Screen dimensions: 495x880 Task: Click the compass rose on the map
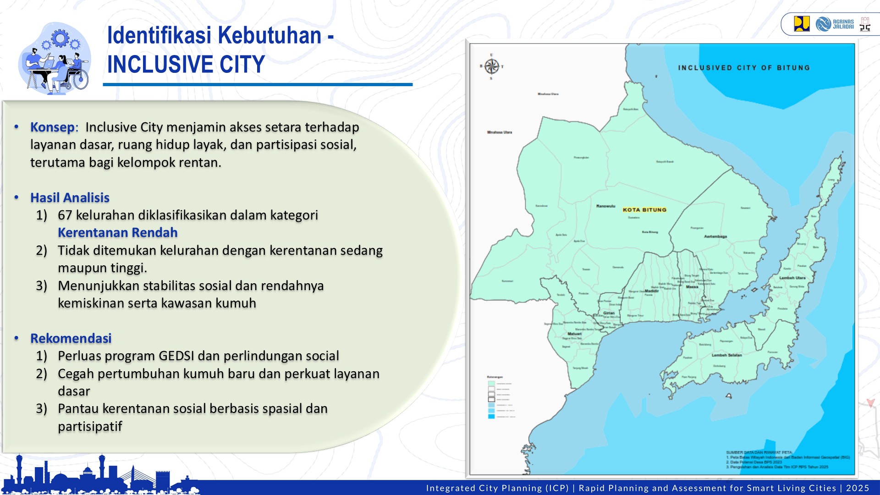click(x=491, y=66)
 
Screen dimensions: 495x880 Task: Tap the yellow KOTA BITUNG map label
click(x=644, y=210)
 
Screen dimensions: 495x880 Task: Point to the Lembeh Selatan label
click(x=726, y=355)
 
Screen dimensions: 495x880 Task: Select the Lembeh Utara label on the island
click(x=792, y=278)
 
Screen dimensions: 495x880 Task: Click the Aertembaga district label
click(x=715, y=236)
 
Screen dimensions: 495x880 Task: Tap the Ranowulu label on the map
click(x=605, y=206)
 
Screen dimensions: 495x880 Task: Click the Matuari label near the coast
click(x=574, y=334)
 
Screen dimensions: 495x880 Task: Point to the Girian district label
click(x=609, y=313)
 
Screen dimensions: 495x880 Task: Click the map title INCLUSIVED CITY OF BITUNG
click(x=743, y=68)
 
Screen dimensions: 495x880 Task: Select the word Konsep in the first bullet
click(x=53, y=127)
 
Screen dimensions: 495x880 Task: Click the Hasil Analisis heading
click(x=70, y=198)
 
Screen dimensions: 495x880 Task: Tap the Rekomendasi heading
click(x=71, y=338)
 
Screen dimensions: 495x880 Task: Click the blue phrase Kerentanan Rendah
click(x=117, y=232)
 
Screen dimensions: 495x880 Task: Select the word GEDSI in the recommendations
click(x=176, y=356)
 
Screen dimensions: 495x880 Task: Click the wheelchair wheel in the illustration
click(x=80, y=80)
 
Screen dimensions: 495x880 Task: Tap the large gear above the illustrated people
click(x=60, y=38)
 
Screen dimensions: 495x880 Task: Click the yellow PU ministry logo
click(x=802, y=24)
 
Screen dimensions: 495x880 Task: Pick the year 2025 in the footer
click(x=858, y=488)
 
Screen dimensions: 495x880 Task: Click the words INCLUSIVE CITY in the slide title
click(x=186, y=64)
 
